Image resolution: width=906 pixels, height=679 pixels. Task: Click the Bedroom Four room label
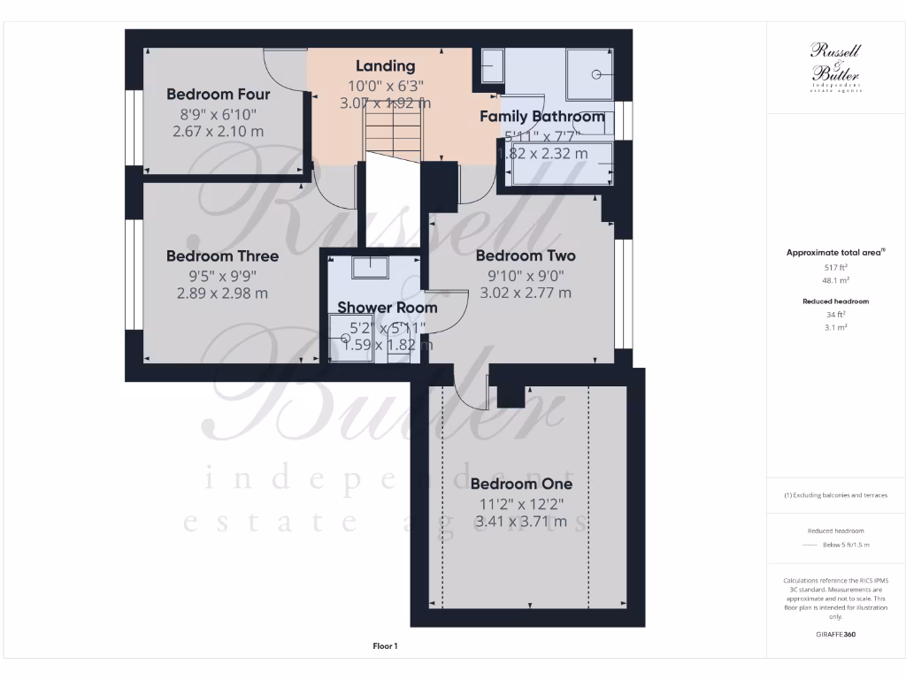(219, 94)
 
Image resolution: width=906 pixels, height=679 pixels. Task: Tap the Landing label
(385, 65)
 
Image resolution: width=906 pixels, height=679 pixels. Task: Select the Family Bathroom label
(541, 116)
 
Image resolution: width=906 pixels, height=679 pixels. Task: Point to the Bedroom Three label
(222, 256)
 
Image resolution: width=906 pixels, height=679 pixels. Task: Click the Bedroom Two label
(525, 256)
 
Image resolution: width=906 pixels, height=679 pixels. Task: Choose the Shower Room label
(387, 308)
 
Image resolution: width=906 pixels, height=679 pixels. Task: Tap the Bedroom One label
(521, 484)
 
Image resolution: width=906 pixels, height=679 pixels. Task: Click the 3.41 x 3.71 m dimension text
(521, 522)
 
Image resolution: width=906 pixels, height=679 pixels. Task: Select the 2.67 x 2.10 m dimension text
(219, 131)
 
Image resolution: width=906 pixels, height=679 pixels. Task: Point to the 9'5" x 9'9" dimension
(222, 275)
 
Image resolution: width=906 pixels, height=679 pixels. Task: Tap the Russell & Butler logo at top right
(835, 65)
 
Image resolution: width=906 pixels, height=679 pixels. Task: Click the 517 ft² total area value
(835, 267)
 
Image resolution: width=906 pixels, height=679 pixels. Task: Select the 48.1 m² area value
(835, 280)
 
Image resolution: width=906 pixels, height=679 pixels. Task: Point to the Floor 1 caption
(385, 646)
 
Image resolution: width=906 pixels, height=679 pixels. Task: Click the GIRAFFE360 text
(835, 634)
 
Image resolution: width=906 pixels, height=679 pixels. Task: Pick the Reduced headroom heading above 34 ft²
(835, 301)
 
